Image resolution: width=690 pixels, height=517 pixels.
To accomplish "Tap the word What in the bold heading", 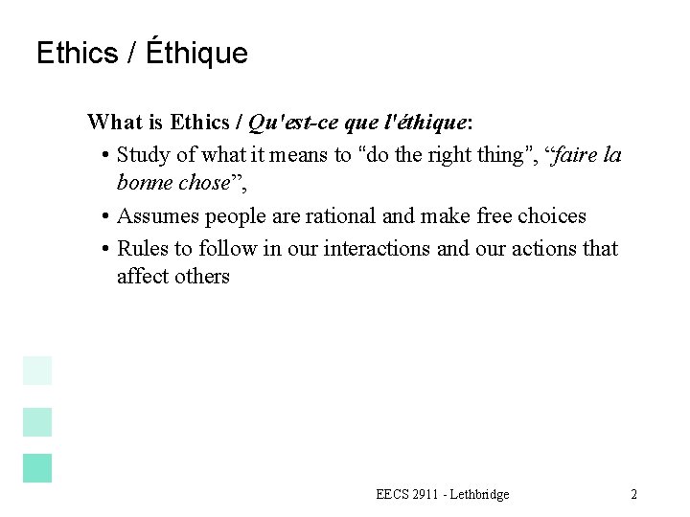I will point(115,123).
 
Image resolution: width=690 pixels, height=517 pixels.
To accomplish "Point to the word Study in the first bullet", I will point(145,156).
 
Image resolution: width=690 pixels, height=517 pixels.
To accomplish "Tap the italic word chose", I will point(205,183).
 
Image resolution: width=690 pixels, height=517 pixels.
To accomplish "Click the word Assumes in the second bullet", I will point(156,216).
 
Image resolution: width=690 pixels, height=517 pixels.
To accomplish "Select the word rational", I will point(340,216).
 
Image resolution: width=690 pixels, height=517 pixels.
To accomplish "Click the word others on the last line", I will point(202,277).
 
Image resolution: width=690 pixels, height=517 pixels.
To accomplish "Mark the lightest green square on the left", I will point(37,371).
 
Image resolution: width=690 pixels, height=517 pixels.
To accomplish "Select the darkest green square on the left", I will point(37,468).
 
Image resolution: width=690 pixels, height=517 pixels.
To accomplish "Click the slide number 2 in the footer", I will point(633,494).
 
